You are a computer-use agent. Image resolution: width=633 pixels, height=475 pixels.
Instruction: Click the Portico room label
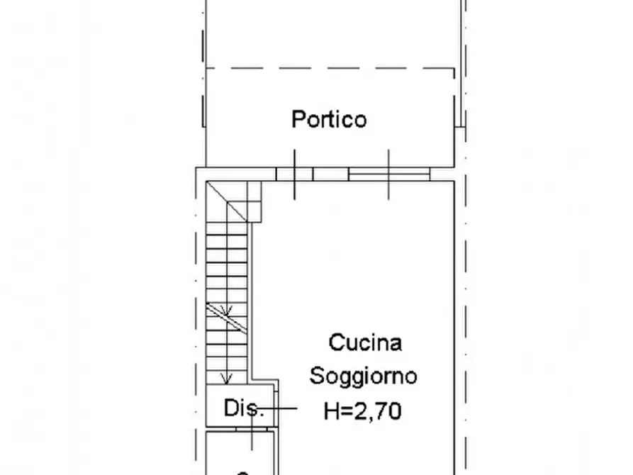coord(329,119)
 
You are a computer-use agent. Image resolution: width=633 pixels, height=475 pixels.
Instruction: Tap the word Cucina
coord(365,342)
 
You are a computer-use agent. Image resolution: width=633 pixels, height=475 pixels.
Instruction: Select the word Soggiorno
coord(363,376)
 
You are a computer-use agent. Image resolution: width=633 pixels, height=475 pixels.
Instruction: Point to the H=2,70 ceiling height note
coord(363,409)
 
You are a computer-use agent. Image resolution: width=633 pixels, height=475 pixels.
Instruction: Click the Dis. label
coord(244,408)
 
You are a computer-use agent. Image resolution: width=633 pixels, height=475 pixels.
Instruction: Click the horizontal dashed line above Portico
coord(330,69)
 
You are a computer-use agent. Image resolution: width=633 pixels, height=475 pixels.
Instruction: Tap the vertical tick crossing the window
coord(389,174)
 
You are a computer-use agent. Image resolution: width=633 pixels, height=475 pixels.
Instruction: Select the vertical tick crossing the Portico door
coord(295,174)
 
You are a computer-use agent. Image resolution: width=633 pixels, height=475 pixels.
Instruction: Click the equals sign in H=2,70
coord(348,410)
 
